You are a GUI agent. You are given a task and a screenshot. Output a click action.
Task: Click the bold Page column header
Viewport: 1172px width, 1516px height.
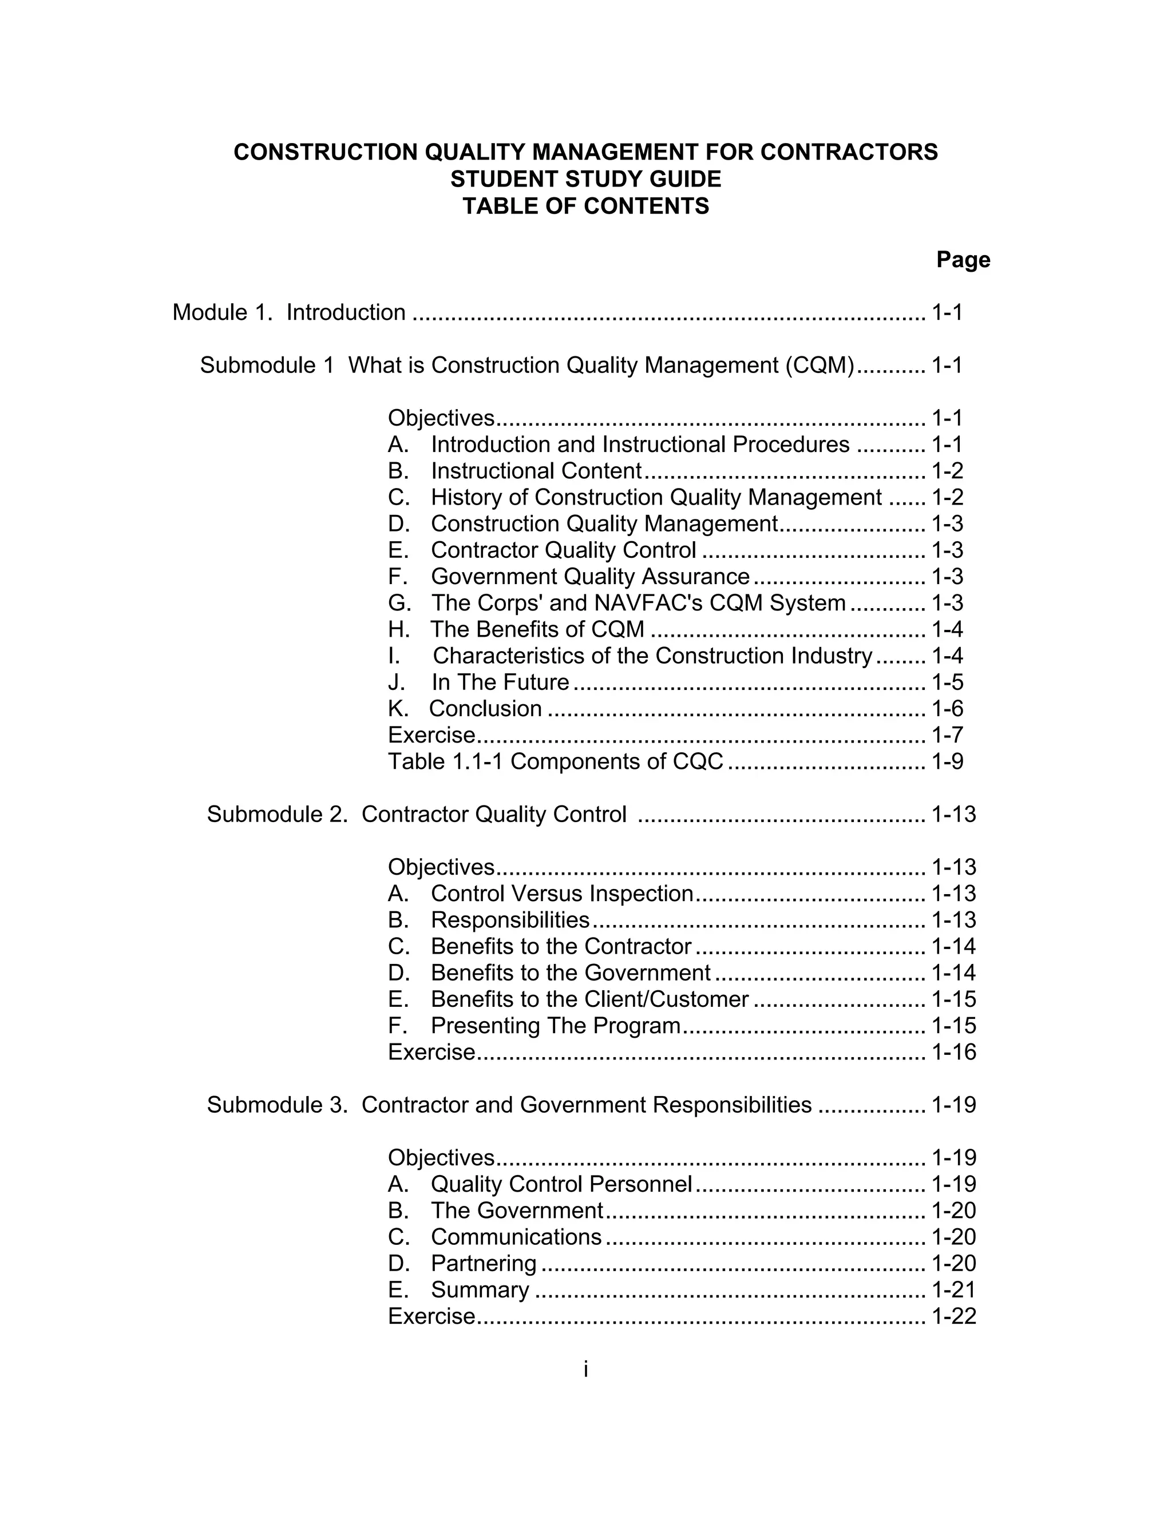(x=963, y=260)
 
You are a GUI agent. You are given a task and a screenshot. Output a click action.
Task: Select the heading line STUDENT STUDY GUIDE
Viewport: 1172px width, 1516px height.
(x=585, y=179)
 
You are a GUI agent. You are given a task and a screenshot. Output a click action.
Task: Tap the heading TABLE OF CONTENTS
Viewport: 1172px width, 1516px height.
(x=585, y=206)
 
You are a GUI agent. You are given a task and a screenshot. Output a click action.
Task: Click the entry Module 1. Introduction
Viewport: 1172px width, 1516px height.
(x=289, y=312)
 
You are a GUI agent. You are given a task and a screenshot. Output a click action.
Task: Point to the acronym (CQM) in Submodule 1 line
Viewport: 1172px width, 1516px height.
(x=820, y=365)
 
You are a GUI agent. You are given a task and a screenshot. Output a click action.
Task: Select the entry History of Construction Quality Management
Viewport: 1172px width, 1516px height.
(x=655, y=497)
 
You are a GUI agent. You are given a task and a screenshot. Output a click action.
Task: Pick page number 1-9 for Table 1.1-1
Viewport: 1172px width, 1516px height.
(x=947, y=761)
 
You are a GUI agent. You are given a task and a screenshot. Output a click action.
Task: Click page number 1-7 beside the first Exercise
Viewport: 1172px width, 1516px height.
(x=947, y=735)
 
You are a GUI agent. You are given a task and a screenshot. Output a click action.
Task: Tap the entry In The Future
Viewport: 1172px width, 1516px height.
(x=500, y=682)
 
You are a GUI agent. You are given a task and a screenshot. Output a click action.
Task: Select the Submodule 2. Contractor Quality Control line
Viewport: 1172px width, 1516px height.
(x=417, y=814)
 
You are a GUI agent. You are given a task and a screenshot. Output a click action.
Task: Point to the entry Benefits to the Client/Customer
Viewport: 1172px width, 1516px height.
(x=589, y=999)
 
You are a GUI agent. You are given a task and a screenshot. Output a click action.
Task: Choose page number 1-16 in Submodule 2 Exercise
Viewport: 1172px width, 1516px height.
(x=953, y=1051)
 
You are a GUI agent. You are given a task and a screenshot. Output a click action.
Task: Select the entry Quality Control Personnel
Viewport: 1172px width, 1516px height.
(x=561, y=1184)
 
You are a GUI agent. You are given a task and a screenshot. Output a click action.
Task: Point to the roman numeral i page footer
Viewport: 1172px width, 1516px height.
(x=585, y=1369)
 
